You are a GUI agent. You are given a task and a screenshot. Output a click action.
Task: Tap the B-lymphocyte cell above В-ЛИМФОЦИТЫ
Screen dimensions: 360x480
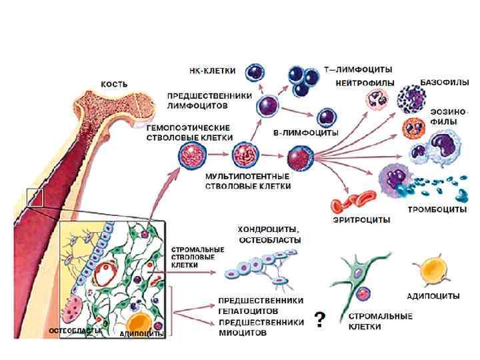(x=327, y=117)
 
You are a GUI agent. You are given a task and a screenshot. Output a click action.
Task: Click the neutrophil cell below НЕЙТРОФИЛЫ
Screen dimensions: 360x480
(x=375, y=100)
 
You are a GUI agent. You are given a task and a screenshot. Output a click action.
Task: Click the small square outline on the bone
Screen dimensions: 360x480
(x=35, y=197)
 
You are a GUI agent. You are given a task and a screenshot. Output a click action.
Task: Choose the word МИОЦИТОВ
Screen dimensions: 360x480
(x=243, y=333)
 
